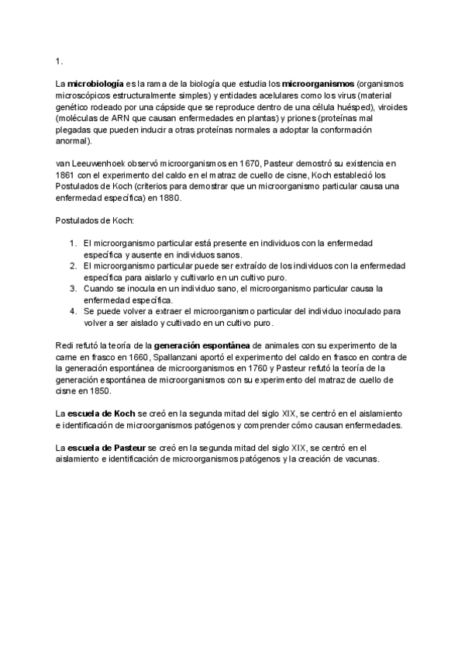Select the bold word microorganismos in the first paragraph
(x=318, y=82)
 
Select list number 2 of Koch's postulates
(x=74, y=266)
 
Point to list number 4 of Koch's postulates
(x=74, y=311)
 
